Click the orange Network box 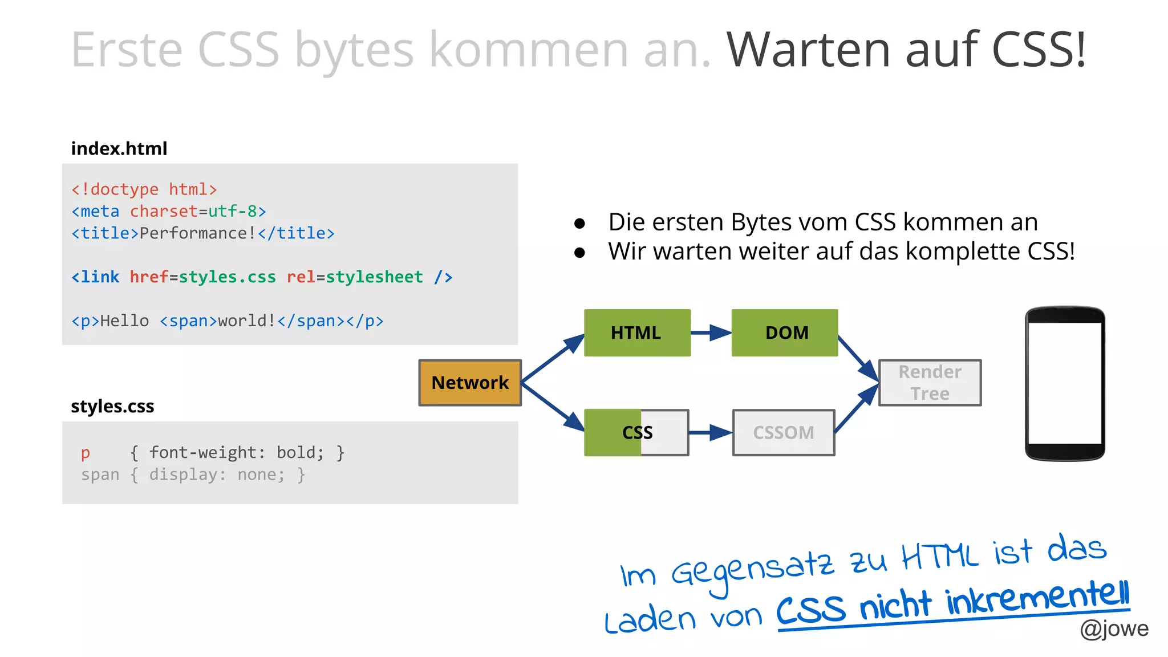[x=470, y=383]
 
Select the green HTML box [x=637, y=332]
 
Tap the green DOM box [x=785, y=332]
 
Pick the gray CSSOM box [x=784, y=433]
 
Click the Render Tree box [x=930, y=383]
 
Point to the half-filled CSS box [x=637, y=433]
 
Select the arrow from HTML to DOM [x=711, y=332]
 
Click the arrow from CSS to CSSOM [x=711, y=433]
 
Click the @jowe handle [x=1114, y=628]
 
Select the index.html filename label [x=119, y=149]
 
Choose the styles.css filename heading [x=112, y=407]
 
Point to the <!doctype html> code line [x=144, y=189]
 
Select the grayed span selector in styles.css [x=100, y=475]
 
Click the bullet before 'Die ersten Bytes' [x=579, y=223]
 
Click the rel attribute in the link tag [x=301, y=277]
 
